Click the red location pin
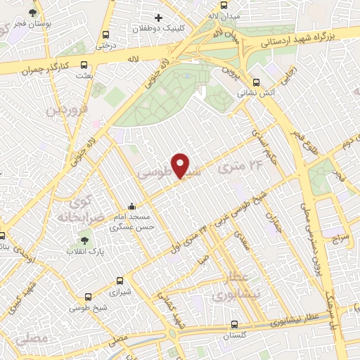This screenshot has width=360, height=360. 181,165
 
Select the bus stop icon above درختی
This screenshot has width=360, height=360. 106,34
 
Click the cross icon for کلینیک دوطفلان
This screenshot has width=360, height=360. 159,18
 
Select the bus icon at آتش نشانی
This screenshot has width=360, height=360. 256,81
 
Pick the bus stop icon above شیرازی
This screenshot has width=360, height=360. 120,279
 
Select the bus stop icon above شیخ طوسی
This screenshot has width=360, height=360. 88,297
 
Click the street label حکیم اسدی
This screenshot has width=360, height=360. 266,144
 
